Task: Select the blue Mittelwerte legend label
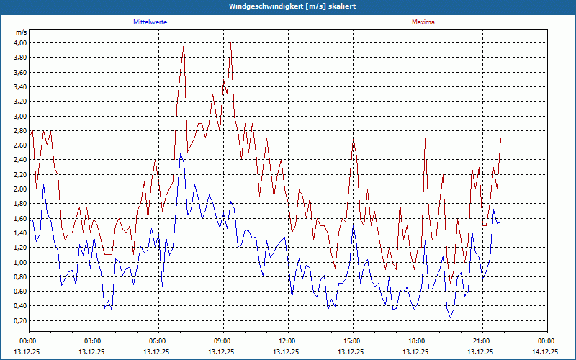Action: pyautogui.click(x=150, y=22)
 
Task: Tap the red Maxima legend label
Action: pyautogui.click(x=423, y=22)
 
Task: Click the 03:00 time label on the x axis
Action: pyautogui.click(x=93, y=341)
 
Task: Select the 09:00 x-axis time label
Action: pyautogui.click(x=222, y=341)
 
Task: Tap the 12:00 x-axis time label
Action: pyautogui.click(x=287, y=341)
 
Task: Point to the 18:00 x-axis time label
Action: pyautogui.click(x=417, y=341)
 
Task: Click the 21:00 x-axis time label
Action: pyautogui.click(x=482, y=341)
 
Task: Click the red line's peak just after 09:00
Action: pyautogui.click(x=230, y=43)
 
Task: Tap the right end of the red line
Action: pyautogui.click(x=500, y=138)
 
